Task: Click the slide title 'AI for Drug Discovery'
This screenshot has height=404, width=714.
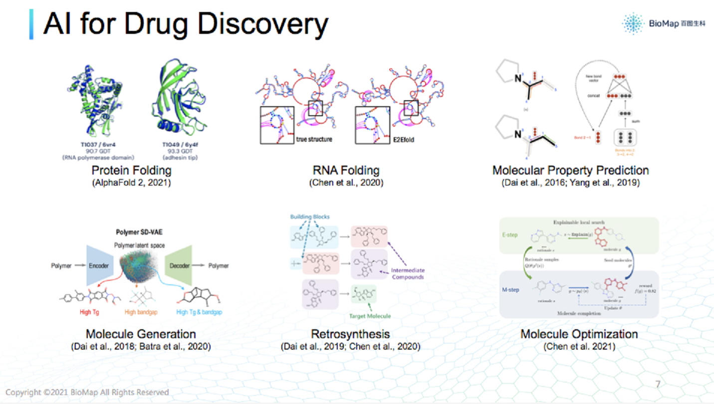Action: coord(186,23)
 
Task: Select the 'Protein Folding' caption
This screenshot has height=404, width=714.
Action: coord(132,171)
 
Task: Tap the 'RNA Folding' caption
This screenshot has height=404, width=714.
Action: coord(346,171)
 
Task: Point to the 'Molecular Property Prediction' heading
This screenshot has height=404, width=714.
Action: coord(570,171)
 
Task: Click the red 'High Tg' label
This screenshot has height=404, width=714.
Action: coord(92,312)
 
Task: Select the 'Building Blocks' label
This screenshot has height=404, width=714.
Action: coord(310,217)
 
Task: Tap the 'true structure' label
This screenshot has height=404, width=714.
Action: coord(314,140)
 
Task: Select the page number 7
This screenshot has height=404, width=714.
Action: coord(658,384)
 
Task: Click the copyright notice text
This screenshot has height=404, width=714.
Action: coord(87,392)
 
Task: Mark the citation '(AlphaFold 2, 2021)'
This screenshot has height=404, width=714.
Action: coord(132,183)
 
